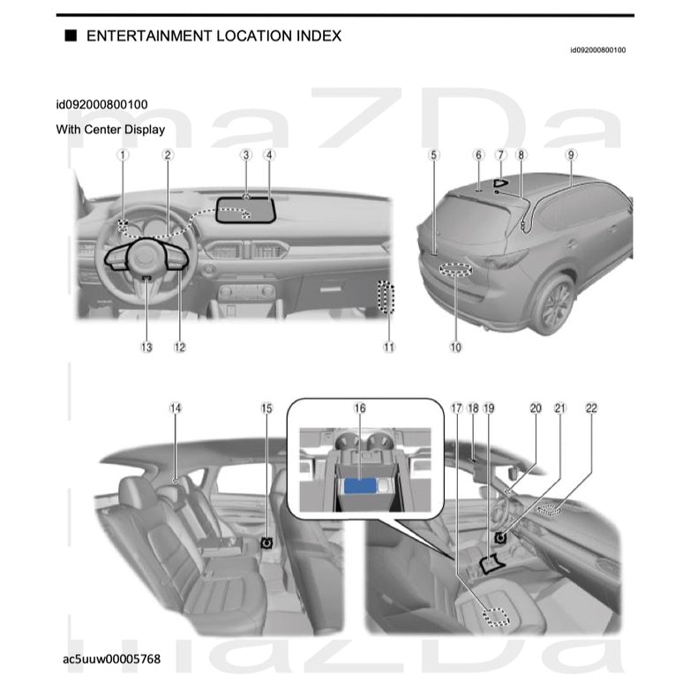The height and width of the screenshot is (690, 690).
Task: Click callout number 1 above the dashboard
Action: pyautogui.click(x=124, y=154)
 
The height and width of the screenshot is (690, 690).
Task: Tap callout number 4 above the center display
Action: pyautogui.click(x=269, y=154)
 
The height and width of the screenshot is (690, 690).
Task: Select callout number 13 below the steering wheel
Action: pyautogui.click(x=146, y=347)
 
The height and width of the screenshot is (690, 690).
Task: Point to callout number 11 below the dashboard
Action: pyautogui.click(x=389, y=347)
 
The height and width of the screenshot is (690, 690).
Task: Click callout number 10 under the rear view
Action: pyautogui.click(x=455, y=347)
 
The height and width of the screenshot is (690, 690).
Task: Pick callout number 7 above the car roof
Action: pyautogui.click(x=500, y=154)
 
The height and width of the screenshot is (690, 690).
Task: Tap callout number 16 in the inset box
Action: pyautogui.click(x=359, y=409)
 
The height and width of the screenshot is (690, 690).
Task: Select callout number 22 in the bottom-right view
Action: pyautogui.click(x=591, y=409)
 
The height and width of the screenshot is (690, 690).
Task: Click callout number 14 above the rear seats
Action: pyautogui.click(x=176, y=409)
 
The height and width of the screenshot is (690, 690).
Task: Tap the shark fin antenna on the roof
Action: pyautogui.click(x=501, y=184)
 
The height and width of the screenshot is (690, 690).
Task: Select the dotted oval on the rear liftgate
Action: pyautogui.click(x=454, y=271)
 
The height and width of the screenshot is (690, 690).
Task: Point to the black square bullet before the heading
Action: pyautogui.click(x=70, y=36)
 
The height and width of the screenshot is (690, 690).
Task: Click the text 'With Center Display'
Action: pyautogui.click(x=110, y=129)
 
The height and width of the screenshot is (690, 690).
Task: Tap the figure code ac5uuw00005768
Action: pyautogui.click(x=111, y=658)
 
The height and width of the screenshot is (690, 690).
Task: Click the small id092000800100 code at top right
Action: pyautogui.click(x=597, y=50)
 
